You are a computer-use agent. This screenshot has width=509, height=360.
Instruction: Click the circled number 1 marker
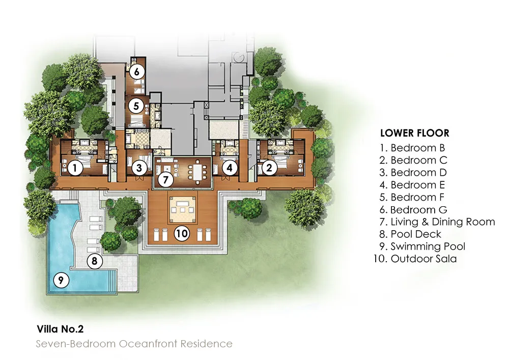click(x=75, y=168)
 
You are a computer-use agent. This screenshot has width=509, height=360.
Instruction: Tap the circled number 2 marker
click(x=269, y=168)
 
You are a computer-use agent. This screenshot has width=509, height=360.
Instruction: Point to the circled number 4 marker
click(x=230, y=168)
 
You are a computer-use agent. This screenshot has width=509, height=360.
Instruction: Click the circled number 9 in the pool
click(x=61, y=280)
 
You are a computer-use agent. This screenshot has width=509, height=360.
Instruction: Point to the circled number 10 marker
click(x=182, y=234)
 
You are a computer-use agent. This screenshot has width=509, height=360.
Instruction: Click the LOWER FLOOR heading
click(x=414, y=133)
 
